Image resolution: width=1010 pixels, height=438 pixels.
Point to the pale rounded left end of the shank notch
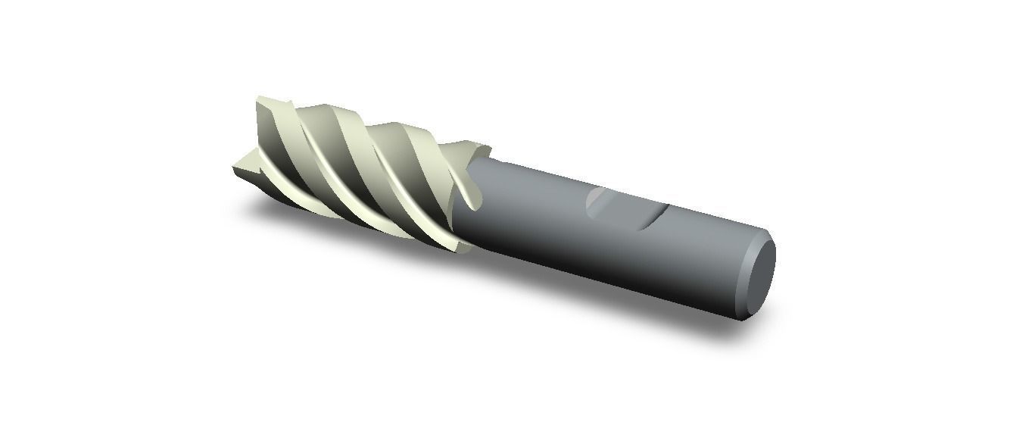(x=597, y=201)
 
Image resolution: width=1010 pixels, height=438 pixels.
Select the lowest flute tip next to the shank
(x=463, y=246)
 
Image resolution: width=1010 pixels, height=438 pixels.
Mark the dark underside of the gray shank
(x=606, y=280)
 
